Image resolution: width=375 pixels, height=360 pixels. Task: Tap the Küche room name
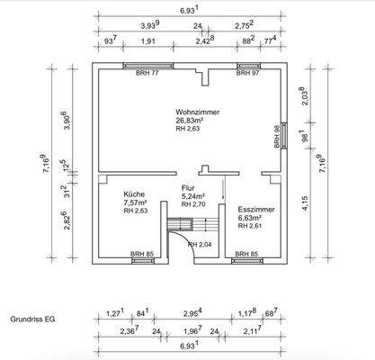133,193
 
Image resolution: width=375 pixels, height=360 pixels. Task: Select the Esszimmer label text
255,208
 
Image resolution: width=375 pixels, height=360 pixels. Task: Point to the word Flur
189,187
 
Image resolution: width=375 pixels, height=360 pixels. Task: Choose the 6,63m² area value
250,217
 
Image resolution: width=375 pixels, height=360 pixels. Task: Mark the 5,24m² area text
193,195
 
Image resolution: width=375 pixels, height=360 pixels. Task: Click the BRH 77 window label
147,73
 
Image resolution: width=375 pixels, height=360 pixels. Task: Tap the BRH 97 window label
249,73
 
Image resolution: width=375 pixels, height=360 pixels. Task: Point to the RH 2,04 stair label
200,245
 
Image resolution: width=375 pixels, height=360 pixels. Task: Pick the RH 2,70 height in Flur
195,204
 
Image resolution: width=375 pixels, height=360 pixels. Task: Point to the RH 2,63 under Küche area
136,211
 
